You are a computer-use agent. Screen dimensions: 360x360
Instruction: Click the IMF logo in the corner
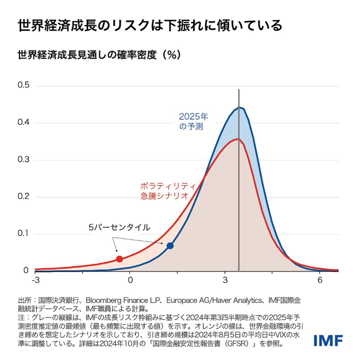(327, 340)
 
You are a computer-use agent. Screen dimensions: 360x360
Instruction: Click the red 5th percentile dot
(119, 259)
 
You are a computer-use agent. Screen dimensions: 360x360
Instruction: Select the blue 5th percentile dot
(170, 245)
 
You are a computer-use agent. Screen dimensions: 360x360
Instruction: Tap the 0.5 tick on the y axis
(23, 85)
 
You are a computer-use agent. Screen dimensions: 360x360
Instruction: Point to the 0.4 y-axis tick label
(23, 122)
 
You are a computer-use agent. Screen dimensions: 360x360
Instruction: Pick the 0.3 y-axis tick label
(23, 159)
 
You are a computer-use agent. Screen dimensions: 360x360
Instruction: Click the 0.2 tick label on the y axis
(23, 196)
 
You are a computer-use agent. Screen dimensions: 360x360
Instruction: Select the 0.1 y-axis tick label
(23, 233)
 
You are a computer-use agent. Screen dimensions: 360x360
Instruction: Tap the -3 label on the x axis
(35, 280)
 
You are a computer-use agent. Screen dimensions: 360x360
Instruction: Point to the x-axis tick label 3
(225, 280)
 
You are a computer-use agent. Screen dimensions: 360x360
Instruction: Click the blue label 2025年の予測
(193, 121)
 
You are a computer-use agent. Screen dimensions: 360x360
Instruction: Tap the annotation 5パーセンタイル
(119, 227)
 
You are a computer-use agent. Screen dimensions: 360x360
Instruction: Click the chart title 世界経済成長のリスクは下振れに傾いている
(149, 25)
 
